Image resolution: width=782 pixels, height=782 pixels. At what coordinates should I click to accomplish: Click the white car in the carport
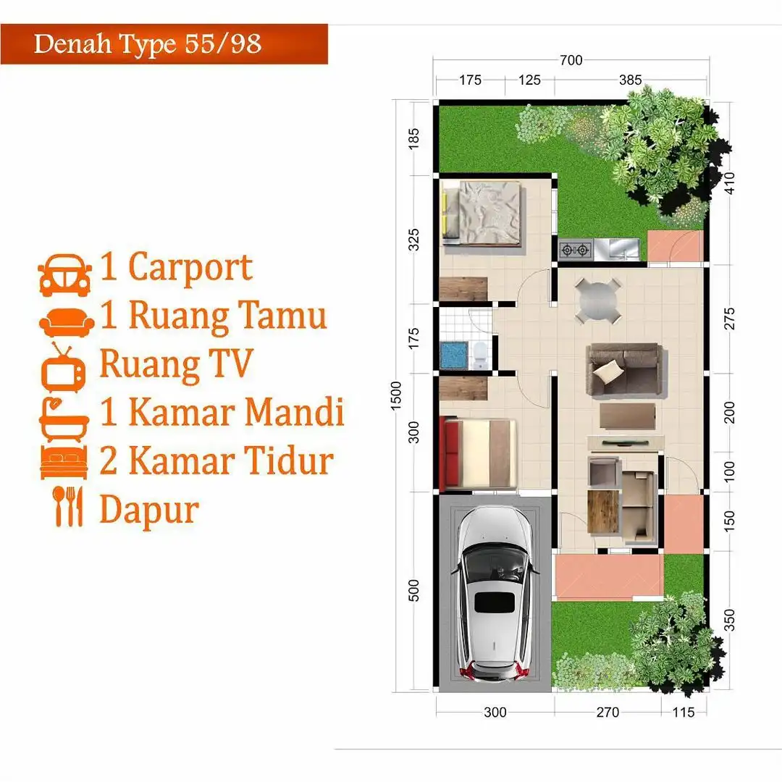(495, 594)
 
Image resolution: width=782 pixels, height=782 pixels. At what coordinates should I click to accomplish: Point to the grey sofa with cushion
(624, 369)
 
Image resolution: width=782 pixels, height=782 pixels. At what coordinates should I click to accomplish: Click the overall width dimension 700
(571, 61)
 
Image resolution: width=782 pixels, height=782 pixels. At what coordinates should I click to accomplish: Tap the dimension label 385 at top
(630, 80)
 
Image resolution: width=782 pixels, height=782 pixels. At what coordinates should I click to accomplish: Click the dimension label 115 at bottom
(682, 712)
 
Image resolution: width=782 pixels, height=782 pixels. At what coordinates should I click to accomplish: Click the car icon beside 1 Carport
(64, 275)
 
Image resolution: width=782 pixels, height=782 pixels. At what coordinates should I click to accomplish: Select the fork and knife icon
(69, 506)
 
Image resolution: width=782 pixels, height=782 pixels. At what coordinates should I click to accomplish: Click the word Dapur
(148, 509)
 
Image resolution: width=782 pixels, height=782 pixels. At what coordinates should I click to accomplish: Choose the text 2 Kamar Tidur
(216, 461)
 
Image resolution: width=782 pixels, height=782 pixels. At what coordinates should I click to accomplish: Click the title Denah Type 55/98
(148, 44)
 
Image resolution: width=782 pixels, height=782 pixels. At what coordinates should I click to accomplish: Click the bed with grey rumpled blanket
(482, 214)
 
